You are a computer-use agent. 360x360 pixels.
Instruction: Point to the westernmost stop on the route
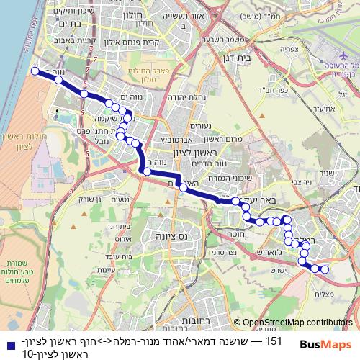[35, 71]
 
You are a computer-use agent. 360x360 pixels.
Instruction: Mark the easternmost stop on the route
[325, 269]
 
